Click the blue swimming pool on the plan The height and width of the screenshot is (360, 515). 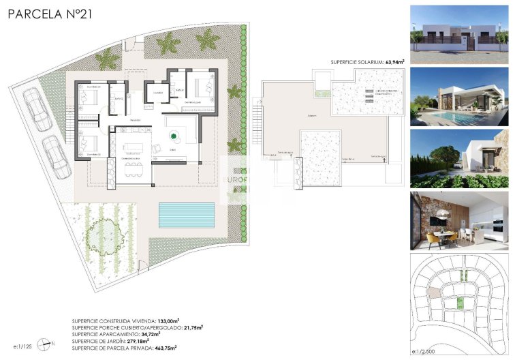point(186,215)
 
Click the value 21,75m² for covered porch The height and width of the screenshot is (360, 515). point(193,327)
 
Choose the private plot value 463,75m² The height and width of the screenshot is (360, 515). point(166,348)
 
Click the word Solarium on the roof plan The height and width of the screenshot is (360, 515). point(311,116)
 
